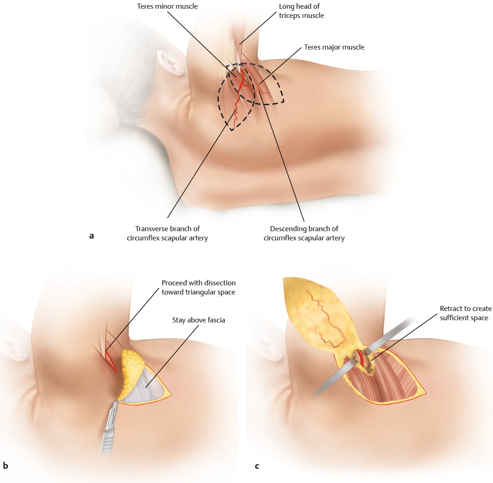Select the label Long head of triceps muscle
click(301, 11)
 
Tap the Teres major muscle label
click(334, 47)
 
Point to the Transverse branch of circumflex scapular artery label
click(167, 233)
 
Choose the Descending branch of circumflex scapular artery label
click(304, 233)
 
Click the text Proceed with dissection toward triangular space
click(198, 287)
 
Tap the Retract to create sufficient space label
click(464, 313)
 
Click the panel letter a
click(91, 236)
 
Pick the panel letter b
click(5, 466)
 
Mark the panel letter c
click(257, 466)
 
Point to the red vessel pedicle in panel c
click(362, 361)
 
